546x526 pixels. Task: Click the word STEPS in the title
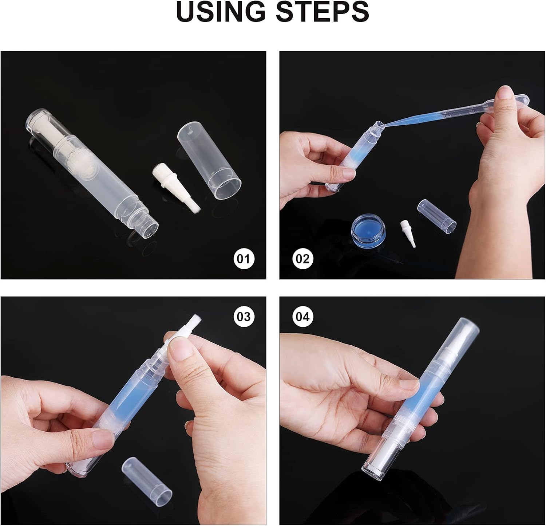click(322, 12)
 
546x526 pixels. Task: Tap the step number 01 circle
click(244, 259)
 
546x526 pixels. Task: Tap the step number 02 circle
click(302, 259)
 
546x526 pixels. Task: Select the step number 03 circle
click(244, 317)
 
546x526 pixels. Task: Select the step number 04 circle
click(302, 317)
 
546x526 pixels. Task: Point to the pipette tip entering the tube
click(380, 125)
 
